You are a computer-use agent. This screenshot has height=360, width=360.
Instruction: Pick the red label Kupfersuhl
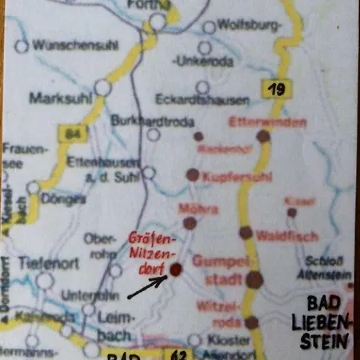[x=237, y=176]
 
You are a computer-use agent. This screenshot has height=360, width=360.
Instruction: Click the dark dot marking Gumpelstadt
[x=254, y=279]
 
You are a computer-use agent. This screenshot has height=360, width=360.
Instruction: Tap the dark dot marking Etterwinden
[x=263, y=137]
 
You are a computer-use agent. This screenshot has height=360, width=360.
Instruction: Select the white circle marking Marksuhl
[x=102, y=87]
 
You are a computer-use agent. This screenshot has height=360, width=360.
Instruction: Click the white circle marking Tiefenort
[x=45, y=280]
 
